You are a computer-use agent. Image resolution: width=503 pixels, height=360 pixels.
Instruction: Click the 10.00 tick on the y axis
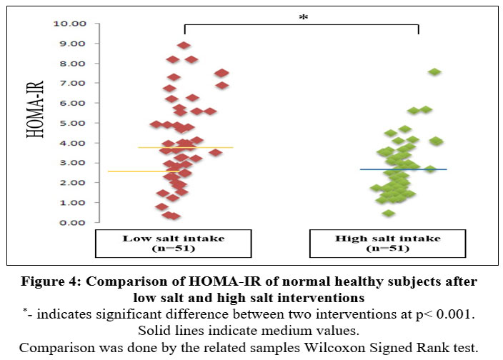(69, 24)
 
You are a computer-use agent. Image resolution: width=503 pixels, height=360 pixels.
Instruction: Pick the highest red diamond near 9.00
(184, 46)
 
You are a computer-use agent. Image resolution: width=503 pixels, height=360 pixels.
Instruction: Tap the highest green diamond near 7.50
(434, 72)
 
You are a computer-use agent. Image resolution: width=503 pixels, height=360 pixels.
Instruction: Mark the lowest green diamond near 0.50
(388, 213)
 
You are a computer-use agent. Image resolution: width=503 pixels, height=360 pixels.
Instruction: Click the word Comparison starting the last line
(58, 348)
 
